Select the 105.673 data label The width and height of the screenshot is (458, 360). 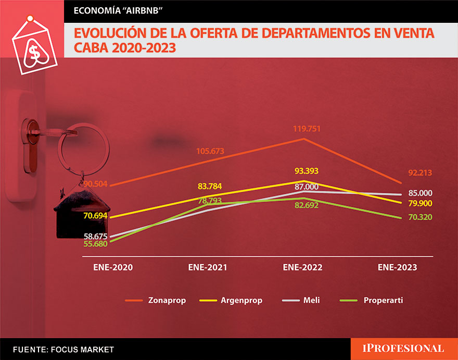[210, 151]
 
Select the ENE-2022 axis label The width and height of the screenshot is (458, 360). [303, 267]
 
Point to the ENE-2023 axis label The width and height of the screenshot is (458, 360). [397, 267]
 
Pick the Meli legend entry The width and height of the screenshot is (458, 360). [305, 301]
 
